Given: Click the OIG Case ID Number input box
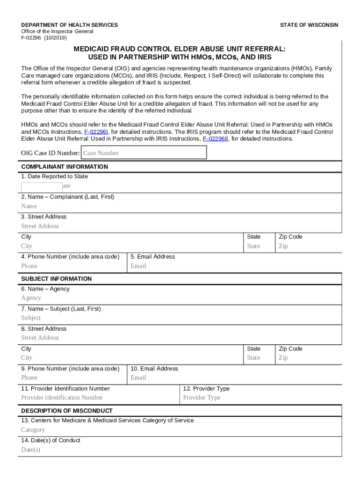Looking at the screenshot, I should pyautogui.click(x=144, y=153).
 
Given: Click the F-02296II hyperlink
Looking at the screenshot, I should pyautogui.click(x=216, y=139).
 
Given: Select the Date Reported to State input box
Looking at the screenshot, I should pyautogui.click(x=41, y=187).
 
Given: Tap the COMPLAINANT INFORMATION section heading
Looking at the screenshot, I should pyautogui.click(x=65, y=167).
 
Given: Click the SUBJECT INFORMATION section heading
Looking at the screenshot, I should pyautogui.click(x=56, y=279).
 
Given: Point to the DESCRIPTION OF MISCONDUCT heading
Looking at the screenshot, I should pyautogui.click(x=67, y=411).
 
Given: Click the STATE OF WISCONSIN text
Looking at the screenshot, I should pyautogui.click(x=309, y=25).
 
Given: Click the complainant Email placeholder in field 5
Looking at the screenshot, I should pyautogui.click(x=138, y=266).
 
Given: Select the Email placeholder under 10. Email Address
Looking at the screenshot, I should pyautogui.click(x=138, y=378).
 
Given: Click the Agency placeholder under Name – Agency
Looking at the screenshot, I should pyautogui.click(x=31, y=298).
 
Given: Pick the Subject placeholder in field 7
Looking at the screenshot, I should pyautogui.click(x=31, y=318).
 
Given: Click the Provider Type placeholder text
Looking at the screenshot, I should pyautogui.click(x=202, y=398).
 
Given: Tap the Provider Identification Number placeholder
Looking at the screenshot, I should pyautogui.click(x=62, y=398).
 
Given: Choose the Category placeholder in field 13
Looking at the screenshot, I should pyautogui.click(x=33, y=430).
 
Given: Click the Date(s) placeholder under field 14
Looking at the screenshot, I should pyautogui.click(x=31, y=450).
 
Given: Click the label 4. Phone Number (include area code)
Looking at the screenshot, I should pyautogui.click(x=70, y=257).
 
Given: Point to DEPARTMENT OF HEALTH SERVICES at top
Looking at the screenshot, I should pyautogui.click(x=69, y=25).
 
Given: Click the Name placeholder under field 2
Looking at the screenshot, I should pyautogui.click(x=29, y=206).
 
